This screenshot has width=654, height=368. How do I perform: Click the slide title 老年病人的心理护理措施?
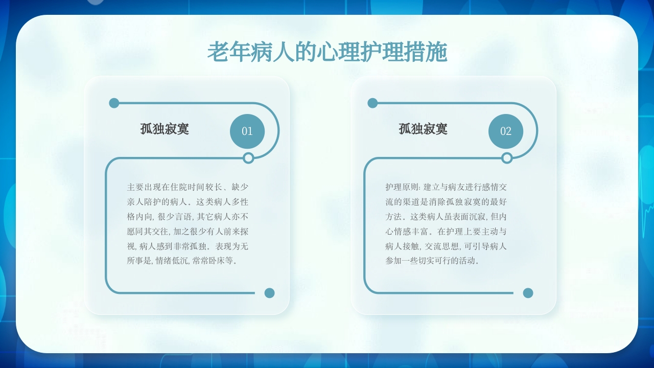point(327,53)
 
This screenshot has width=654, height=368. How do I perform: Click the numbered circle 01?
point(247,131)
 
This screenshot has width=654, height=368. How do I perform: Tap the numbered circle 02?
point(506,131)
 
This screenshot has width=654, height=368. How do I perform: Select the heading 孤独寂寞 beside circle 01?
point(165,129)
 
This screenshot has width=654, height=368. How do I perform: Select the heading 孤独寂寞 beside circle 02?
point(423,129)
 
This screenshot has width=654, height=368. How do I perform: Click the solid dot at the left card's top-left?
point(114,103)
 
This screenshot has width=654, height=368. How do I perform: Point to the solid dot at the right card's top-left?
point(372,103)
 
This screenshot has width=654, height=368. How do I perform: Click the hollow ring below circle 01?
point(248,158)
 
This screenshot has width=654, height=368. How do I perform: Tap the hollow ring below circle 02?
point(507,158)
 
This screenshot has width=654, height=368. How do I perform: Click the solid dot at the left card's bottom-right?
point(269,293)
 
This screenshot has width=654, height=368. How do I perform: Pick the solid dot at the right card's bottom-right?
point(528,293)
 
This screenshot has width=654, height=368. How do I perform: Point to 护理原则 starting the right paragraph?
point(401,188)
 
